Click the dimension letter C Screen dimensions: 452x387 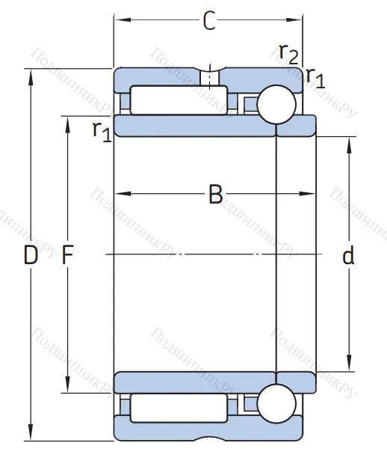tap(209, 22)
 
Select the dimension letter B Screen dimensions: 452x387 tap(215, 195)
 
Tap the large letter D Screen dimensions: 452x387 tap(30, 256)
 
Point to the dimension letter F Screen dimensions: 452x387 tap(67, 256)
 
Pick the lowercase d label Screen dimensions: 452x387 tap(348, 256)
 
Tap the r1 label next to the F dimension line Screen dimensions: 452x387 tap(102, 130)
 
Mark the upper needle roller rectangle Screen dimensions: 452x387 tap(179, 100)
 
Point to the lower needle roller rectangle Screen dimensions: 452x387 tap(179, 407)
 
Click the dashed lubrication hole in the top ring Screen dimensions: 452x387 tap(210, 77)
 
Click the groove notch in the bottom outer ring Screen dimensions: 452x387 tap(210, 437)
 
